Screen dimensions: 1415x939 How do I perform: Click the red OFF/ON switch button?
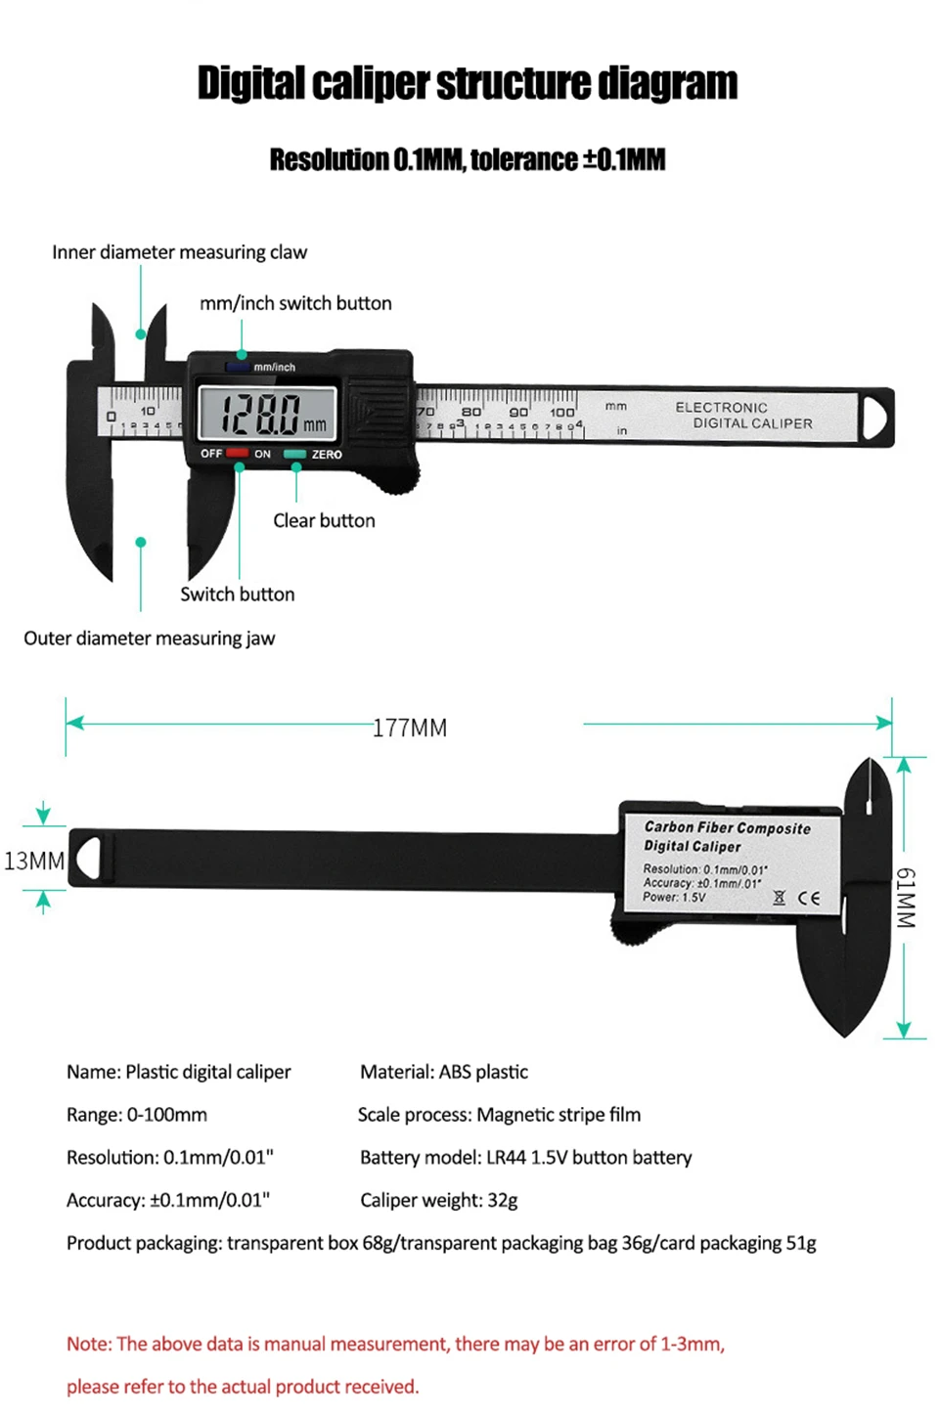coord(238,454)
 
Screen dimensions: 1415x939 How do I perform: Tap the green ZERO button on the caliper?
coord(295,454)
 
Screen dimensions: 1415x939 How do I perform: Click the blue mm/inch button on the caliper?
coord(238,367)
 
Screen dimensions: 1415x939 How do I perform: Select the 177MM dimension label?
coord(409,728)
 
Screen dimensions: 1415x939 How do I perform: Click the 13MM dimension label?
coord(33,861)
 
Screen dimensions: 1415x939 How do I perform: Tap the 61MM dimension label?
coord(906,897)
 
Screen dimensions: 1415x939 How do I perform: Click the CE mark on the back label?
coord(809,898)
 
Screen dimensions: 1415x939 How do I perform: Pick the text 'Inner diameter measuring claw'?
coord(179,252)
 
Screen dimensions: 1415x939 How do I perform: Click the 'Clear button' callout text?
coord(324,520)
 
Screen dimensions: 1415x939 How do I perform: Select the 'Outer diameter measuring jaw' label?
coord(149,639)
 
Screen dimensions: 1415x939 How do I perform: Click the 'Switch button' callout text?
coord(237,594)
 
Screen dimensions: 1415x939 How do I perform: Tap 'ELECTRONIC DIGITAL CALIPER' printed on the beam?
coord(743,416)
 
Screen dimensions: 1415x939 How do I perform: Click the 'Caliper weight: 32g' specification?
coord(438,1200)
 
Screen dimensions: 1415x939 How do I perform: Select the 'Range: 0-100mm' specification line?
coord(137,1115)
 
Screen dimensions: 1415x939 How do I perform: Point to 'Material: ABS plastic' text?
coord(443,1072)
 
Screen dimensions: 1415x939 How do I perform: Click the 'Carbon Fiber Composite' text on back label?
coord(727,827)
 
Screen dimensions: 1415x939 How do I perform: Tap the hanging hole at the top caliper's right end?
coord(874,417)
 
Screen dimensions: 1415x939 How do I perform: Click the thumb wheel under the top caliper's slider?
coord(401,477)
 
